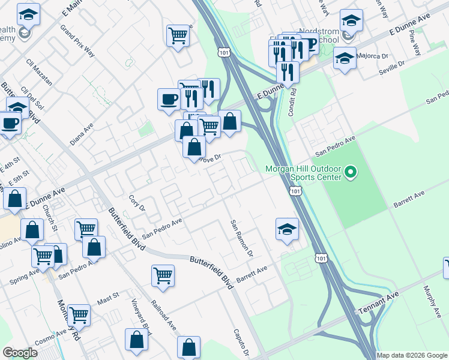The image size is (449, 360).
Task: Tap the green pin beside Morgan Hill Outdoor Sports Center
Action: [351, 173]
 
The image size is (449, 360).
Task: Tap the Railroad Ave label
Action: [164, 316]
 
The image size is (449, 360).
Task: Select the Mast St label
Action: [108, 297]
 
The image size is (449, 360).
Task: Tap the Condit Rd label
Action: [294, 102]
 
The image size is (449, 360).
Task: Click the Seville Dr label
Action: [392, 67]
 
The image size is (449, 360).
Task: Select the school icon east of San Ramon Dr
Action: [287, 229]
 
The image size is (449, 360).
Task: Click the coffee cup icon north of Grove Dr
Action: [169, 98]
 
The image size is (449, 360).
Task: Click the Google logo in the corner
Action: [20, 353]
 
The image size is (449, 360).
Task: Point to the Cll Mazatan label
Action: [40, 70]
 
